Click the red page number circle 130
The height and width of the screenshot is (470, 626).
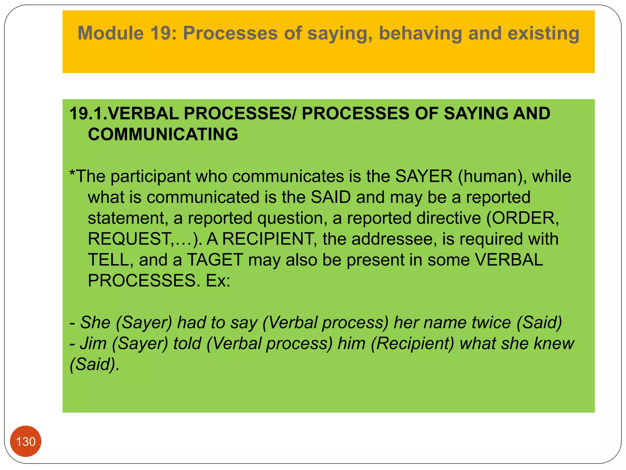(x=26, y=441)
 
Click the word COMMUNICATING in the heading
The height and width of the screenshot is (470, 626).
(x=163, y=134)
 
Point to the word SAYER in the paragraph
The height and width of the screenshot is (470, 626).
(x=424, y=176)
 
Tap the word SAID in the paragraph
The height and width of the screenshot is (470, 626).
(x=330, y=197)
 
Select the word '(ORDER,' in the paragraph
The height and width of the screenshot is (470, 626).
(x=522, y=218)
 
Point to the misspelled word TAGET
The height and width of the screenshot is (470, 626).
(x=215, y=260)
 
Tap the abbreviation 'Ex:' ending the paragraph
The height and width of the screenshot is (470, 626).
(x=218, y=281)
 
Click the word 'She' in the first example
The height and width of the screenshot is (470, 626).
(x=95, y=323)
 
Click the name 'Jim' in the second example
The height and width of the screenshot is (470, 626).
(x=93, y=343)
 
